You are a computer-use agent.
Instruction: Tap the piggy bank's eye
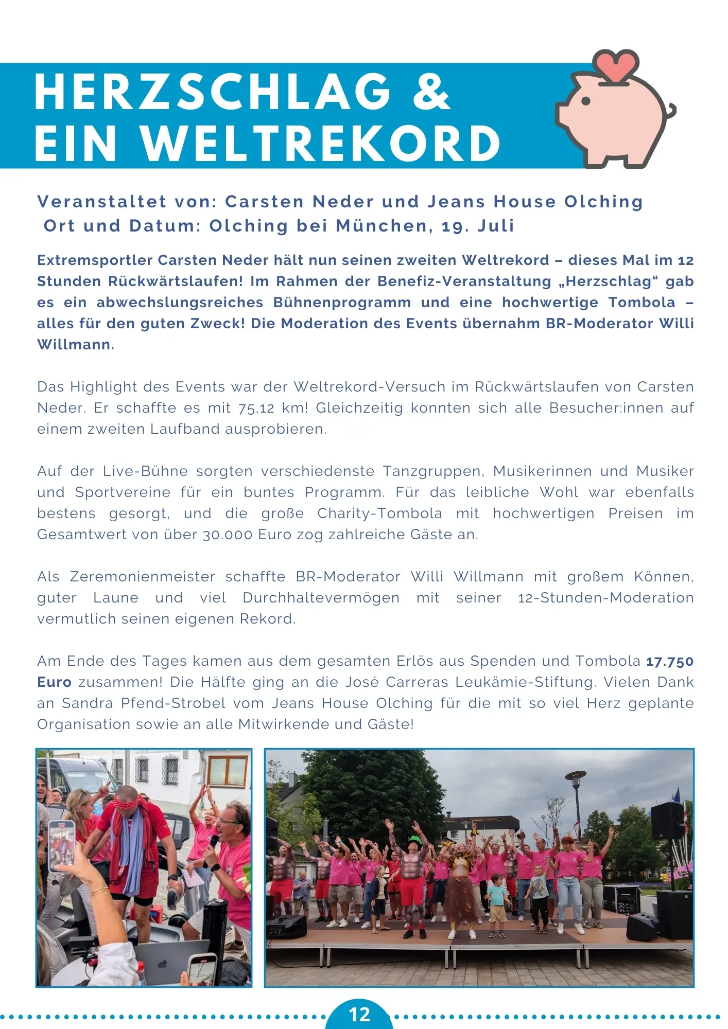tap(585, 101)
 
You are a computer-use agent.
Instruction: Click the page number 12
tap(359, 1014)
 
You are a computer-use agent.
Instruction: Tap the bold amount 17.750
tap(670, 662)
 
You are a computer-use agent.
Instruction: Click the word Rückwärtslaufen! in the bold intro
tap(176, 281)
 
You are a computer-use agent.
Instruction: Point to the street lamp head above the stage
tap(575, 775)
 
